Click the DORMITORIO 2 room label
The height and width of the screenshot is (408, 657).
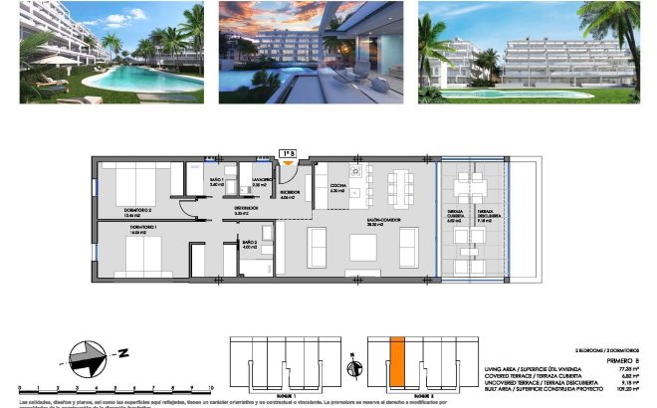click(137, 211)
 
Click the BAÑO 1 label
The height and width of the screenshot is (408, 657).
click(218, 181)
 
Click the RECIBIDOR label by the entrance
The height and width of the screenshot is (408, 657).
click(291, 193)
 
